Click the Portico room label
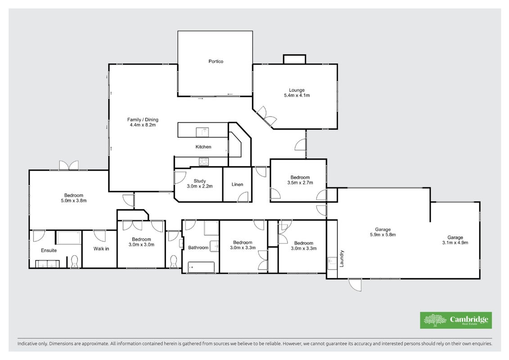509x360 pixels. click(x=216, y=61)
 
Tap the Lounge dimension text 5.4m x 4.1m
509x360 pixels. click(x=297, y=95)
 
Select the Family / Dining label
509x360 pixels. click(x=143, y=119)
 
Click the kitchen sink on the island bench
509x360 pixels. click(x=202, y=132)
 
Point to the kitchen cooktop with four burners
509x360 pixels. click(x=203, y=162)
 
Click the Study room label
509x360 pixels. click(x=200, y=181)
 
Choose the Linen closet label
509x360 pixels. click(x=237, y=184)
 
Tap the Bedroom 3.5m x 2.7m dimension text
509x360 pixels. click(x=300, y=183)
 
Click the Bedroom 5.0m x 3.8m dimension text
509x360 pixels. click(x=74, y=201)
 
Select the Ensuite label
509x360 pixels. click(x=49, y=250)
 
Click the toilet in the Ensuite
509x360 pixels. click(x=75, y=261)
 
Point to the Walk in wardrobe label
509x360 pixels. click(x=101, y=249)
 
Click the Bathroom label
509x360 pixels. click(x=198, y=247)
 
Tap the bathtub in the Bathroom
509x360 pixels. click(x=201, y=267)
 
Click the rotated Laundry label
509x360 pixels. click(x=342, y=258)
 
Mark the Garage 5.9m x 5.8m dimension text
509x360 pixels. click(x=383, y=235)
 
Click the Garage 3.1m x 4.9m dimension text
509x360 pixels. click(x=455, y=243)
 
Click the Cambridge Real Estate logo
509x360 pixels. click(x=456, y=320)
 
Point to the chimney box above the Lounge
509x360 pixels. click(x=294, y=59)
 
